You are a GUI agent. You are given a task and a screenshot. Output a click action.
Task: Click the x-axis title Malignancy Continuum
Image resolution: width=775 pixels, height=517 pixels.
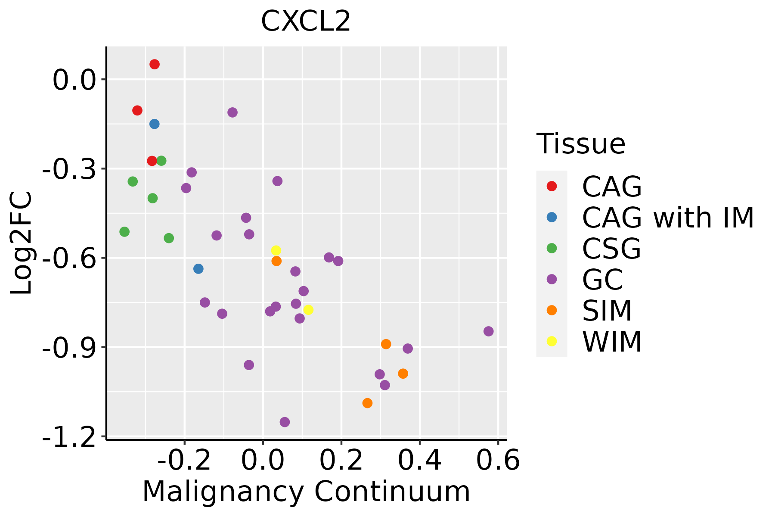tap(306, 492)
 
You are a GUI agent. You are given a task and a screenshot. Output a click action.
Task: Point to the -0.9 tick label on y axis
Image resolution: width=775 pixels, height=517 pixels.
tap(68, 347)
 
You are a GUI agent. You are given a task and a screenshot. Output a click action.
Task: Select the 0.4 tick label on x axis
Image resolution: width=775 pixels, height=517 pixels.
tap(419, 461)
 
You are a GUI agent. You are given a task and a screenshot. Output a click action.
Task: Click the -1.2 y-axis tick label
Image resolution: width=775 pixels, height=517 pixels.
tap(68, 437)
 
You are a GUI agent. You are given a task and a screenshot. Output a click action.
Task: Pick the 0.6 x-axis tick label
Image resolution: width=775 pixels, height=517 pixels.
tap(498, 461)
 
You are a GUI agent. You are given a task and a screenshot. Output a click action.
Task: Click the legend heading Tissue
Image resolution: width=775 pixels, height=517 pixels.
tap(581, 144)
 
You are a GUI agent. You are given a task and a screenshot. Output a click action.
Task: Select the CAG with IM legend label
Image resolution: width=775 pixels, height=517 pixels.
tap(668, 218)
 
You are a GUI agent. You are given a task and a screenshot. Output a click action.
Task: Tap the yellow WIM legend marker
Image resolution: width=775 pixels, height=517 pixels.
tap(552, 341)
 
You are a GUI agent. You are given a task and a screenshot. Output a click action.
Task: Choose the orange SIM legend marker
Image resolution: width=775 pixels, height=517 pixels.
tap(552, 310)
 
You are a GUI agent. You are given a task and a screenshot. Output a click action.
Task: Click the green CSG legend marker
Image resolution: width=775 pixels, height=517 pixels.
tap(552, 248)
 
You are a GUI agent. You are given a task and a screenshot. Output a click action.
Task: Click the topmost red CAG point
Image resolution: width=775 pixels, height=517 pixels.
tap(155, 64)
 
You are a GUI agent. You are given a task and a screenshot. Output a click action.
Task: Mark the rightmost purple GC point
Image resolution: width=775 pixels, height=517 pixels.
tap(488, 331)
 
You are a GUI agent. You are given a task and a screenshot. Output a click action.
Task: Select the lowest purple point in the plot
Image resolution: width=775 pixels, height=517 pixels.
tap(285, 422)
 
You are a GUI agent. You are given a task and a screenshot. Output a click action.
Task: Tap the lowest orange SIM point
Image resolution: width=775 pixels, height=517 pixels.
tap(367, 403)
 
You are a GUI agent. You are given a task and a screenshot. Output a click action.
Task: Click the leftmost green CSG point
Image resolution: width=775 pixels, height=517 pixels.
tap(124, 232)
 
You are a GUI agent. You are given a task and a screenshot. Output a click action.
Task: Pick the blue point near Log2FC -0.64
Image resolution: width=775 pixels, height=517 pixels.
tap(198, 269)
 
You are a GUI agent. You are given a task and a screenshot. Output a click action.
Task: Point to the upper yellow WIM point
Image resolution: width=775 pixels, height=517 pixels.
tap(276, 250)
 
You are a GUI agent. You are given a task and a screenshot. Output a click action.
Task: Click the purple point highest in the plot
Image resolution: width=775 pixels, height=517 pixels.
tap(232, 112)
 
